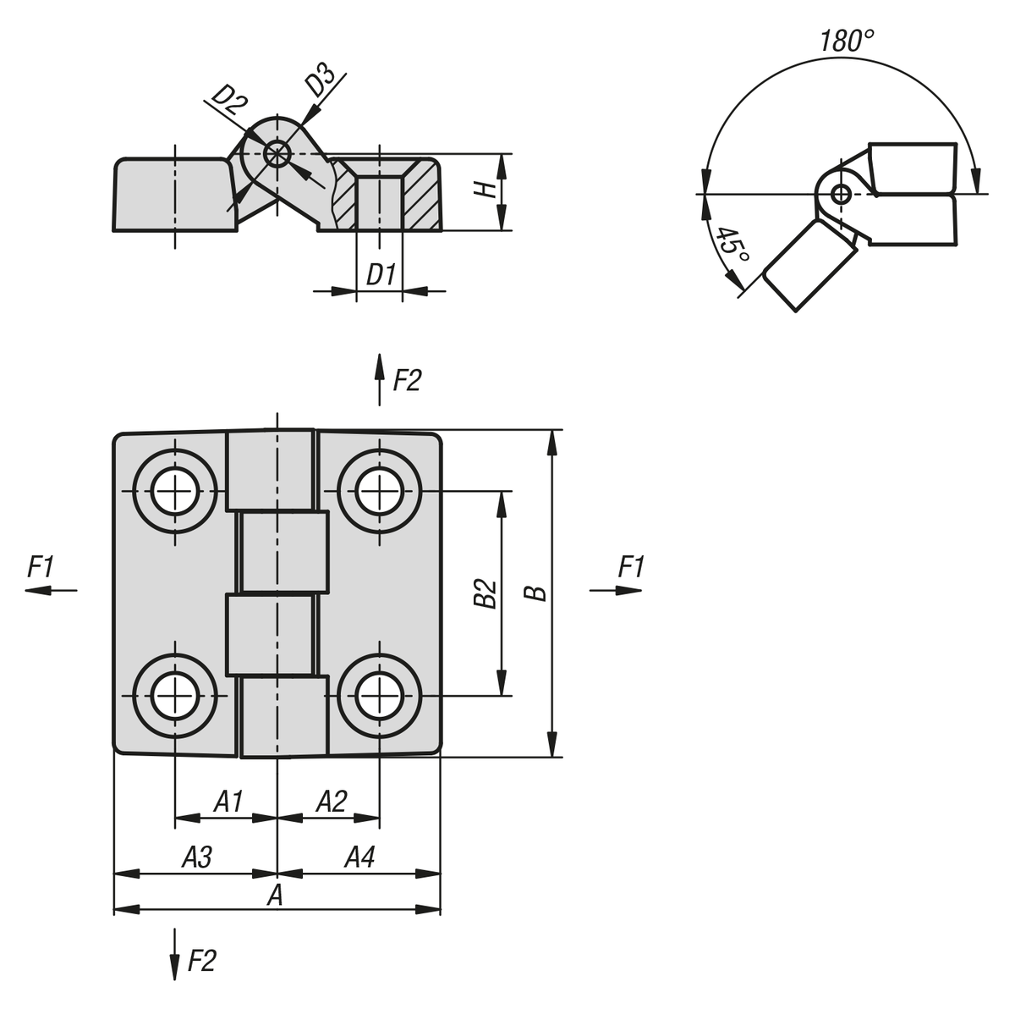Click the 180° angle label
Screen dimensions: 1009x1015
[846, 41]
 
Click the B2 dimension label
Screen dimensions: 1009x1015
[484, 593]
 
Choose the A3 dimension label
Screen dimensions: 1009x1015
[197, 857]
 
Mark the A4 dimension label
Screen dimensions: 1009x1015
[359, 857]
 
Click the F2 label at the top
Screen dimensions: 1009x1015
[407, 381]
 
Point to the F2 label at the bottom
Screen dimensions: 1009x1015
[201, 961]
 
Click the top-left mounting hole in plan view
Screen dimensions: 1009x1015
[175, 491]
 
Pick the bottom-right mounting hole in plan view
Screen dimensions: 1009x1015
[379, 696]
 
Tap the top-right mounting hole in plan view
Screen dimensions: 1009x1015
[379, 491]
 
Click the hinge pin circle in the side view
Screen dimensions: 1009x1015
[276, 154]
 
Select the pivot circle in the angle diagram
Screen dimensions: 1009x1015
[840, 194]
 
